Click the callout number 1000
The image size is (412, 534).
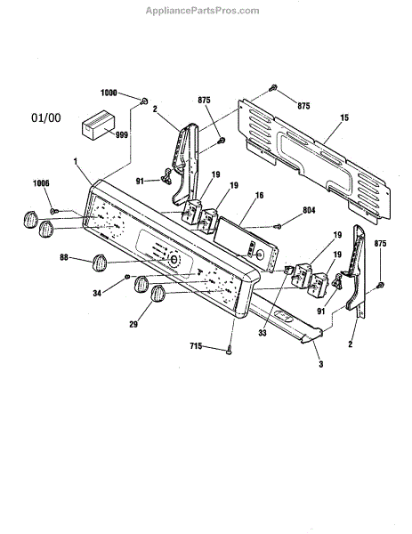(109, 93)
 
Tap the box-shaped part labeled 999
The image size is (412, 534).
(98, 125)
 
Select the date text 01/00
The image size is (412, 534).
(46, 117)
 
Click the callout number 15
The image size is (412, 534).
(344, 117)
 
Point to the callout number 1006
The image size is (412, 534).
(41, 183)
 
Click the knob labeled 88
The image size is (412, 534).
(99, 263)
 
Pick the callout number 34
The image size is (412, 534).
(97, 293)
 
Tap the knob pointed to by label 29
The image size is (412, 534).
(158, 294)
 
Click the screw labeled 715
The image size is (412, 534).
(229, 350)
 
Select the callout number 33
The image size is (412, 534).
(262, 333)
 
